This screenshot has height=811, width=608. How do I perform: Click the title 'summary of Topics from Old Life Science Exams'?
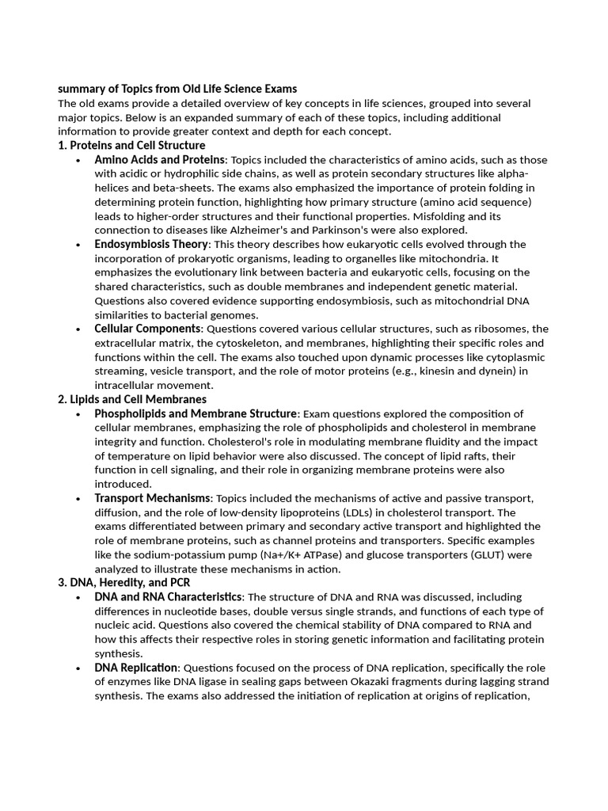click(177, 89)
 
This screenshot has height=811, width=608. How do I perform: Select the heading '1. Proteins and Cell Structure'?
click(131, 145)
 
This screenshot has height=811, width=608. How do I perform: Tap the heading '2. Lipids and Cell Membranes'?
click(132, 399)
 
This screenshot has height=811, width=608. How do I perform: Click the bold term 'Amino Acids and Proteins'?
click(160, 159)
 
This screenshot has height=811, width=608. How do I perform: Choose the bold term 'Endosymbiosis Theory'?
click(151, 244)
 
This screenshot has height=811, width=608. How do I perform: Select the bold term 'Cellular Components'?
click(147, 329)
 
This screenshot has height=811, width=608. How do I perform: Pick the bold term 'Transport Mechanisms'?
click(153, 497)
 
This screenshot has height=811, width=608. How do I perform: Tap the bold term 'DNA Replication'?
click(136, 668)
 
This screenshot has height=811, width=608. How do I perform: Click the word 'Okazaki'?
click(411, 682)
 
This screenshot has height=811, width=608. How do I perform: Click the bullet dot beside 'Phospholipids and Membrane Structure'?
click(78, 414)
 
